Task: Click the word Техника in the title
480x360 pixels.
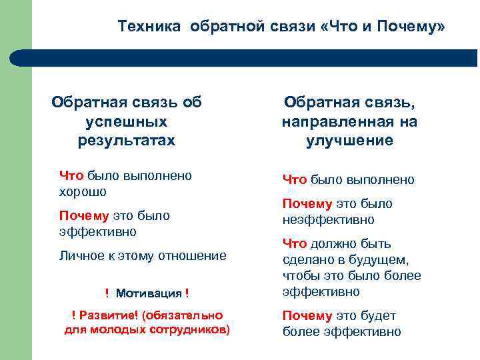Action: [x=150, y=27]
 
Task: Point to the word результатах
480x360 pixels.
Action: [x=127, y=141]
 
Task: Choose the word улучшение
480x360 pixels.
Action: [x=349, y=141]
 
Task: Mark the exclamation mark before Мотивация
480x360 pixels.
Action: [x=107, y=293]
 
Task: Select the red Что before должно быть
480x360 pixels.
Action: [x=295, y=243]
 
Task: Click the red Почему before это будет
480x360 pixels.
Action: [x=307, y=315]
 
